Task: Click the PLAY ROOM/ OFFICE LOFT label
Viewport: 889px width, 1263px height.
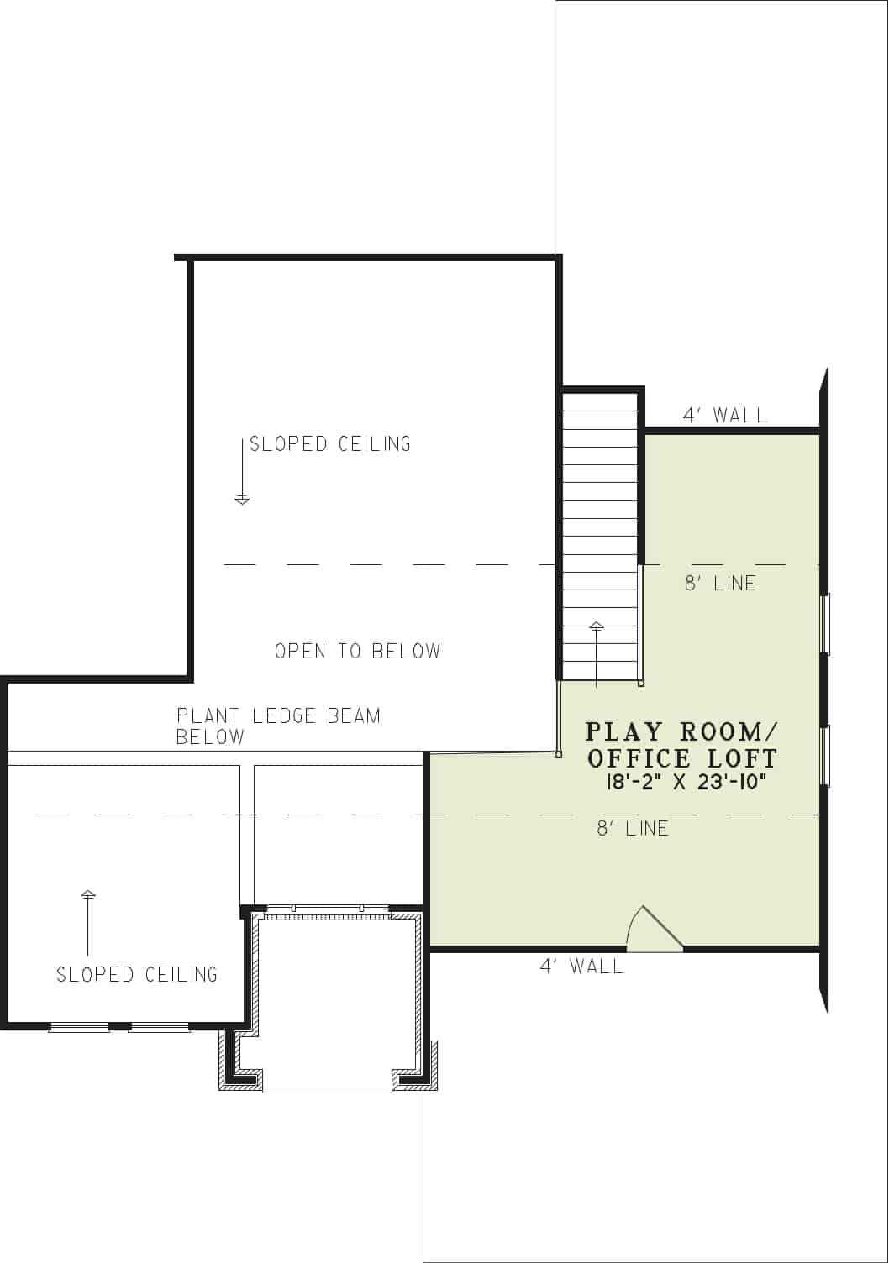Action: [x=681, y=745]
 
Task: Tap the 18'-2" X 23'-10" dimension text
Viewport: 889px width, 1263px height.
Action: [x=686, y=781]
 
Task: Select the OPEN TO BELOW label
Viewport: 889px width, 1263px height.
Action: [x=357, y=651]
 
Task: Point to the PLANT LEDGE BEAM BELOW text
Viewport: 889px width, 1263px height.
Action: [x=278, y=726]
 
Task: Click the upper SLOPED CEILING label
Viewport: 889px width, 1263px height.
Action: [x=330, y=443]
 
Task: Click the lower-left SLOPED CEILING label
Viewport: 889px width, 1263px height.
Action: [x=137, y=974]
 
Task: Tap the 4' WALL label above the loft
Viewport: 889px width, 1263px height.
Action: [x=724, y=415]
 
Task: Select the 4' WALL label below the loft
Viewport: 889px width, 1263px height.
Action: [x=581, y=967]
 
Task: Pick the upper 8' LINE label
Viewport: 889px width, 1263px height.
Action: [x=720, y=583]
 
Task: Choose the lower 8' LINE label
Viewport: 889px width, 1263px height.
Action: [x=633, y=829]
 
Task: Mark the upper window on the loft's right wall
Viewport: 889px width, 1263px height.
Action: [x=825, y=623]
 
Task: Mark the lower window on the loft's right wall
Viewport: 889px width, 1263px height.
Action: [x=825, y=755]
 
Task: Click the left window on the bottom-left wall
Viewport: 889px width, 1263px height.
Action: [x=79, y=1027]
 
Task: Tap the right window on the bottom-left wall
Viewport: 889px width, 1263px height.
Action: [x=160, y=1027]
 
